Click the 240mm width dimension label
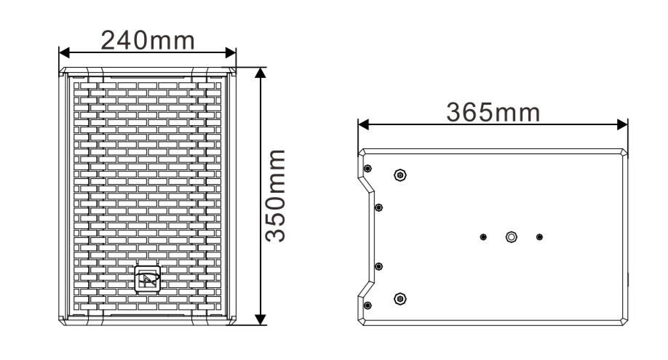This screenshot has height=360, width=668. click(x=148, y=39)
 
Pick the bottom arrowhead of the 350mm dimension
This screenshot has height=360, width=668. click(x=261, y=319)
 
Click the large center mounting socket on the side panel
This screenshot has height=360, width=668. click(x=512, y=236)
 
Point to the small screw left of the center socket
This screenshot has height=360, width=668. click(x=484, y=236)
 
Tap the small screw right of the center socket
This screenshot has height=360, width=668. click(x=539, y=236)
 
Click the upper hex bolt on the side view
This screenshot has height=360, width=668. click(x=399, y=175)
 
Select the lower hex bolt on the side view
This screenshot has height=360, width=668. click(x=399, y=298)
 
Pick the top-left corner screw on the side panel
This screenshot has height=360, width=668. click(x=367, y=169)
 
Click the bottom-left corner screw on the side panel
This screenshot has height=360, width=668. click(x=367, y=304)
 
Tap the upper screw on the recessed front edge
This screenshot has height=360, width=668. click(x=378, y=207)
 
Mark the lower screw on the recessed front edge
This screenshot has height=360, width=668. click(x=378, y=266)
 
